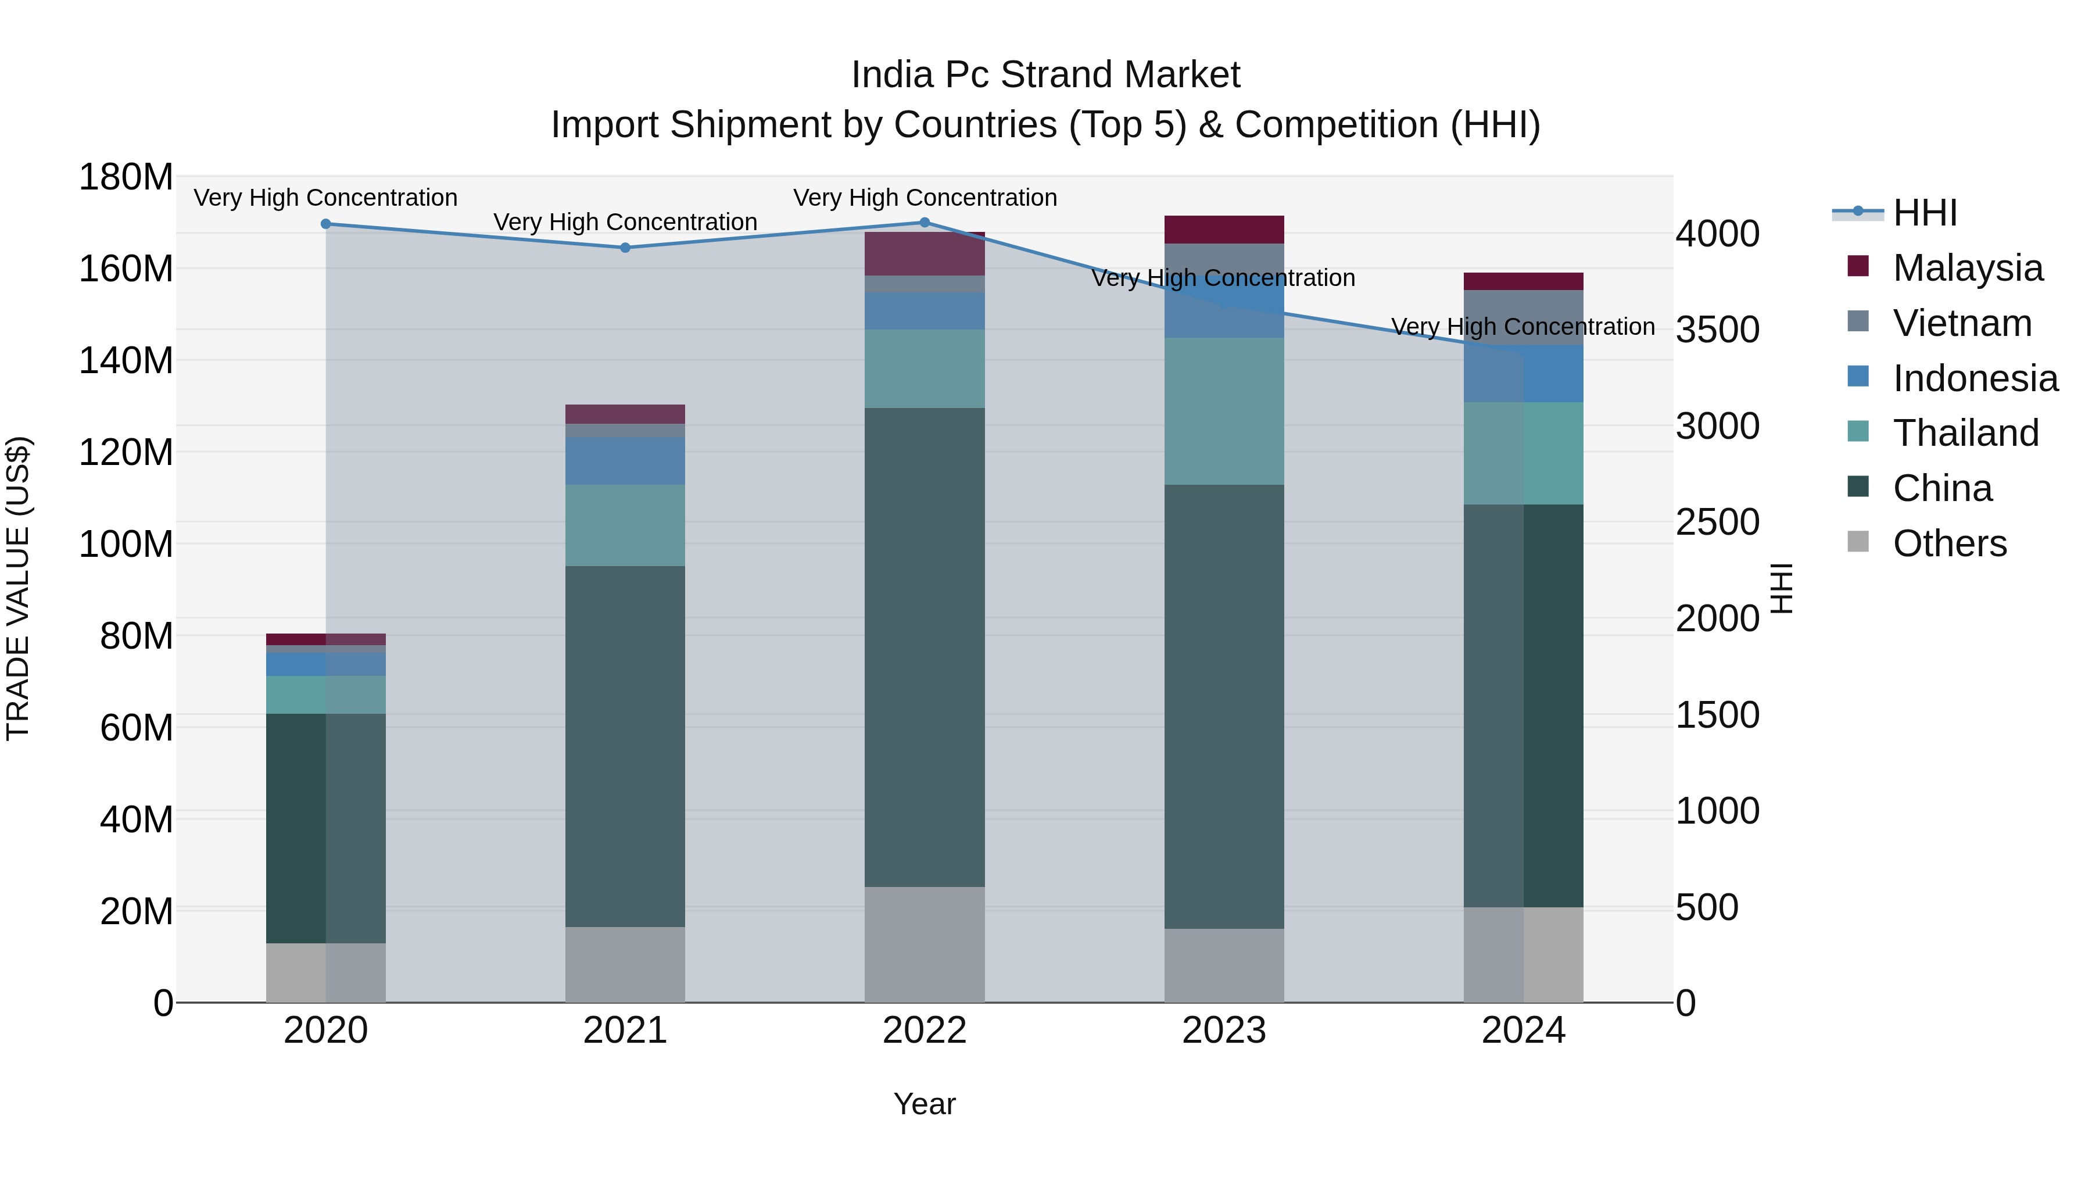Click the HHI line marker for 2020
point(325,224)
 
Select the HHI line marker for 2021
point(625,248)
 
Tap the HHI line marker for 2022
point(924,223)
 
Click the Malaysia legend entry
point(1967,268)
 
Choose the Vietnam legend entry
point(1961,323)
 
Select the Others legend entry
point(1949,543)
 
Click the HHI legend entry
point(1925,213)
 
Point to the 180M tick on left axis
point(126,177)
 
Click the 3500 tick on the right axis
point(1718,330)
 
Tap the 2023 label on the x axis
point(1224,1031)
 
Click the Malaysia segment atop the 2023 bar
point(1224,230)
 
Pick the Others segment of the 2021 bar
point(625,964)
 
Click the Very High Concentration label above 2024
point(1523,327)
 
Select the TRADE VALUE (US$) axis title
point(18,588)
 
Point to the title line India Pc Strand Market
point(1045,75)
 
